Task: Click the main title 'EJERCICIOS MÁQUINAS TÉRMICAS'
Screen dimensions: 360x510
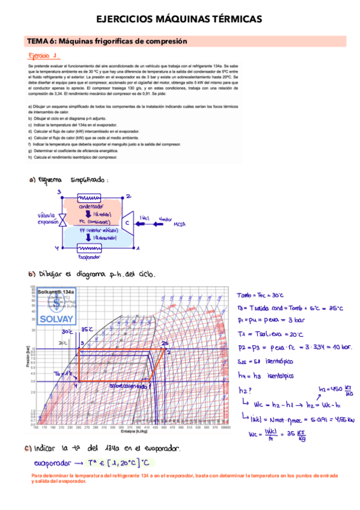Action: point(179,20)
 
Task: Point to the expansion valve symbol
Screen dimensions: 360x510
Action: point(62,221)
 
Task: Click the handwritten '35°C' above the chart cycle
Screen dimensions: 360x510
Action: point(87,329)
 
